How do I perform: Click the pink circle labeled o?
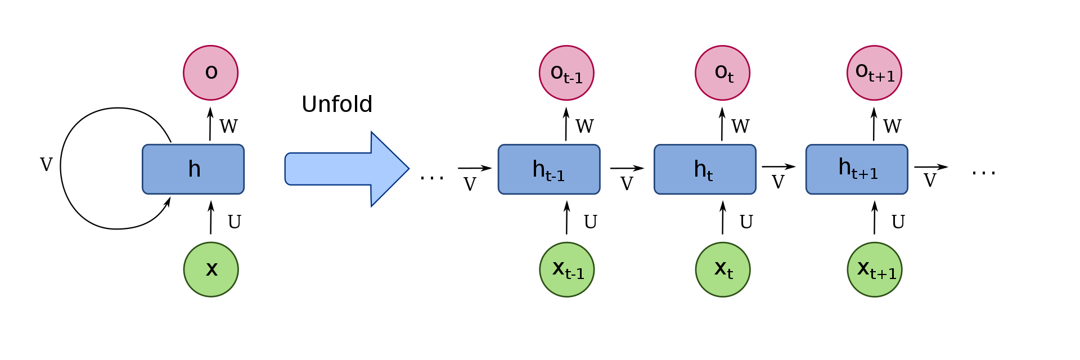[x=211, y=73]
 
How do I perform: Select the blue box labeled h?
[x=193, y=169]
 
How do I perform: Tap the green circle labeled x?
[x=211, y=269]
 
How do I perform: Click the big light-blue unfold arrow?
[x=343, y=169]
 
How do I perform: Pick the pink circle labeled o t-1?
[x=566, y=73]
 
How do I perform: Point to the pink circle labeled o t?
[x=722, y=73]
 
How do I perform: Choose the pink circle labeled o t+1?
[x=874, y=73]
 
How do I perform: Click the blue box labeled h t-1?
[x=549, y=169]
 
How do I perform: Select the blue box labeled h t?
[x=705, y=169]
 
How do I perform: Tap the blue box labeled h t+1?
[x=857, y=169]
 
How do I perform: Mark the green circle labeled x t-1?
[x=567, y=269]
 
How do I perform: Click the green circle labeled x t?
[x=723, y=269]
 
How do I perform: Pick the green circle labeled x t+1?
[x=875, y=269]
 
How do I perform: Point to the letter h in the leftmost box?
[x=194, y=169]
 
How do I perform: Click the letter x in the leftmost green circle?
[x=211, y=269]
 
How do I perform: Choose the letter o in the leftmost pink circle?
[x=211, y=72]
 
